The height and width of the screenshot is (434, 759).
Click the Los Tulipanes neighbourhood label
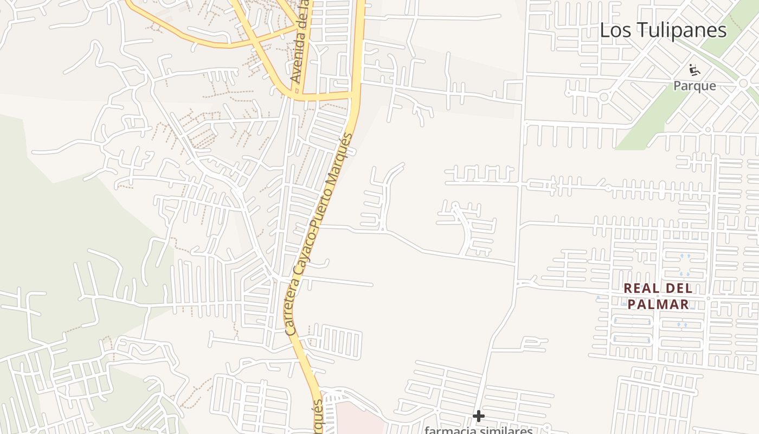pos(663,30)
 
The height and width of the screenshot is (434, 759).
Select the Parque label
pos(694,86)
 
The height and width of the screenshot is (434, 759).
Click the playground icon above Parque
pos(694,70)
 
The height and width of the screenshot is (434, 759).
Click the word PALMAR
pos(659,304)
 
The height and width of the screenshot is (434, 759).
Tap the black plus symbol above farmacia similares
pos(478,416)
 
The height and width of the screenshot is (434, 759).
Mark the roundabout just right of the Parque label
pos(743,83)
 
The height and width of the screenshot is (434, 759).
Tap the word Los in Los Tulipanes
pos(613,30)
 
